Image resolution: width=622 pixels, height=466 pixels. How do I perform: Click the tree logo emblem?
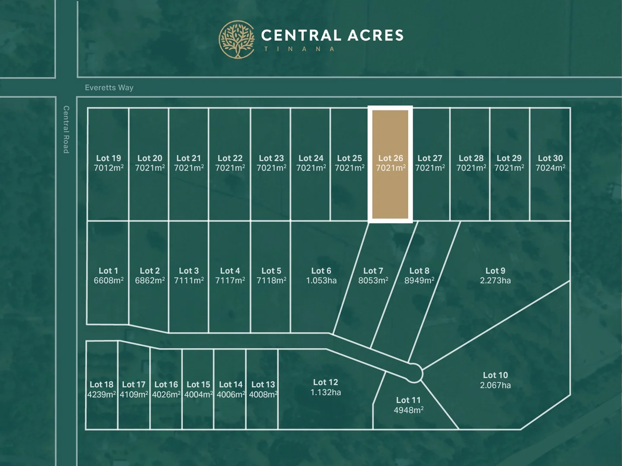237,40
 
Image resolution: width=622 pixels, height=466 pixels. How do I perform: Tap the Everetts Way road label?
109,88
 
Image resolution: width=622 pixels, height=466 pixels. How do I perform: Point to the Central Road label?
66,129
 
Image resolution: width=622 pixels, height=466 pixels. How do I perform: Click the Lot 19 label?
108,158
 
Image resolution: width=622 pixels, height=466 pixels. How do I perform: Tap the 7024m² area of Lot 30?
550,168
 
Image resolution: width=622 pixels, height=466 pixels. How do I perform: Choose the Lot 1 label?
108,271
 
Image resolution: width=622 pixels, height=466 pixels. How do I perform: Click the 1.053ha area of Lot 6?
321,281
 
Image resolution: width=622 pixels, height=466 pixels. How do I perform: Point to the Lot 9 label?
495,271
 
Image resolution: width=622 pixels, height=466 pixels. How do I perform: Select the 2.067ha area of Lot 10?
495,385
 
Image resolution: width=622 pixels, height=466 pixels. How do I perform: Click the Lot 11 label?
408,400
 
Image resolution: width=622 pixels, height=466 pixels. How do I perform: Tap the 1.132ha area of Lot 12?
325,393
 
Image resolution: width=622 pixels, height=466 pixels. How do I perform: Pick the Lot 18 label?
102,384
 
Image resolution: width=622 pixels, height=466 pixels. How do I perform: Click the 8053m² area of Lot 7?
373,281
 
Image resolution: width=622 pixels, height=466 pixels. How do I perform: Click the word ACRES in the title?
375,35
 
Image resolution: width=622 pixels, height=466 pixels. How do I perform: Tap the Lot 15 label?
198,384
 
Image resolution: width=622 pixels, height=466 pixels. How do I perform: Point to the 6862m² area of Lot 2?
149,281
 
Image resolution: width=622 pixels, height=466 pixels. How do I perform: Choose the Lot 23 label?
271,158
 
